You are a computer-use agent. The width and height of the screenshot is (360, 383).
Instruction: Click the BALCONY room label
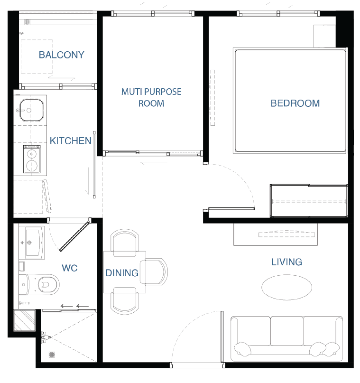tap(62, 55)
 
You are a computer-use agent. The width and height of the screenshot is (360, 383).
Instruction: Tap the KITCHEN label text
tap(71, 141)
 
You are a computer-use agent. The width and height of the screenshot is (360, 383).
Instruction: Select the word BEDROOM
tap(295, 103)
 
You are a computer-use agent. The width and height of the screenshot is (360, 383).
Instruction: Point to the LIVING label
tap(286, 262)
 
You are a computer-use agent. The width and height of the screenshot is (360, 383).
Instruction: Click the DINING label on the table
tap(122, 273)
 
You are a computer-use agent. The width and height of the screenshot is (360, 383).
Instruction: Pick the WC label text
tap(70, 268)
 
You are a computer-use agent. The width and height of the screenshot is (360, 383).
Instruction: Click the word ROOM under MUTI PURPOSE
tap(151, 103)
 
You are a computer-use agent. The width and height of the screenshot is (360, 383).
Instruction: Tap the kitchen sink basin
tap(31, 110)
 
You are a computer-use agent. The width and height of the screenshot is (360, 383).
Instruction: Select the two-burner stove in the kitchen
tap(32, 159)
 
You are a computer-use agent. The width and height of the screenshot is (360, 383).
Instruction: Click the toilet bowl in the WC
tap(48, 284)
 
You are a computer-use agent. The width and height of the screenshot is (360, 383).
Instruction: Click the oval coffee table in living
tap(287, 287)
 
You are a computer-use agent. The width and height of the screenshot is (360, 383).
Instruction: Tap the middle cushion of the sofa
tap(287, 331)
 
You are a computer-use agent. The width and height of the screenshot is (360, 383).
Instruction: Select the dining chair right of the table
tap(155, 272)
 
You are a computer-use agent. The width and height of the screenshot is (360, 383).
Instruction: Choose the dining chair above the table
tap(125, 243)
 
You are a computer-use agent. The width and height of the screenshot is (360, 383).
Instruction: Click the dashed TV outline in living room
tap(286, 234)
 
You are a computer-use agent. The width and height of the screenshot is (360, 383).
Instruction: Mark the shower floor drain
tap(52, 354)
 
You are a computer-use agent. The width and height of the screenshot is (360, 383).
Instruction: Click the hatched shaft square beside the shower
tap(24, 320)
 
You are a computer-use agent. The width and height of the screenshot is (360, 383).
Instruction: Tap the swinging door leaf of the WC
tap(74, 236)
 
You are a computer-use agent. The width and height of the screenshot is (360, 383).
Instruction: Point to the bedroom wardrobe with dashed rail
tap(309, 201)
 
